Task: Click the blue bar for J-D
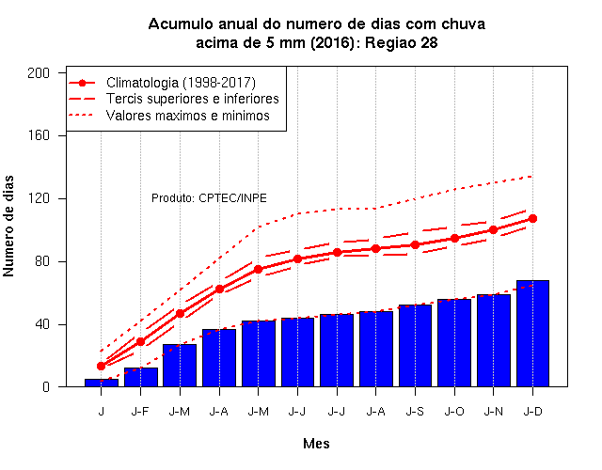[x=532, y=334]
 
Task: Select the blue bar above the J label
[x=102, y=383]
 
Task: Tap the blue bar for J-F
[x=141, y=377]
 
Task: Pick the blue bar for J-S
[x=415, y=346]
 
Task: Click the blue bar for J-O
[x=454, y=343]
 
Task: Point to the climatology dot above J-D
[x=532, y=219]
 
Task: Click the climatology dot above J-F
[x=140, y=341]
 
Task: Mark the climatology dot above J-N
[x=493, y=229]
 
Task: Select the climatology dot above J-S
[x=415, y=244]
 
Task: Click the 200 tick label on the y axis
[x=39, y=73]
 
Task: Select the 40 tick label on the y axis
[x=42, y=324]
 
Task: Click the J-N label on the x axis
[x=493, y=412]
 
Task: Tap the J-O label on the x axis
[x=454, y=412]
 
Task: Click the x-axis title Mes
[x=316, y=444]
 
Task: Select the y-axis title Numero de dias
[x=8, y=227]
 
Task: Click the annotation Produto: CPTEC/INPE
[x=209, y=198]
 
